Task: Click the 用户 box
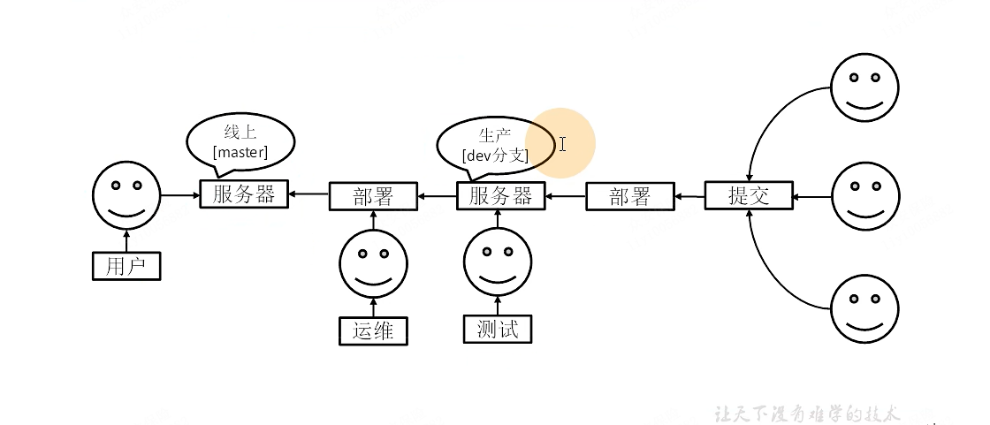click(127, 266)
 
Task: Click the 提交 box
click(749, 195)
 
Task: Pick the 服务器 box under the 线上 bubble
click(244, 194)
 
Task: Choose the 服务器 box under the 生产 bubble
click(500, 196)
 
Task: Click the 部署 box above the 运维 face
click(372, 196)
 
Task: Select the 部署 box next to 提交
click(629, 196)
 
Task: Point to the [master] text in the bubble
click(240, 153)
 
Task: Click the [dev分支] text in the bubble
click(495, 156)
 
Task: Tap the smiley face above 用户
click(127, 194)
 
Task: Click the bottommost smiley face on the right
click(864, 308)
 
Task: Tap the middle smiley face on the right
click(864, 195)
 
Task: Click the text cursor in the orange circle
click(562, 143)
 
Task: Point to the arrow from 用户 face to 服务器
click(180, 194)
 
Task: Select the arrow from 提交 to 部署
click(689, 195)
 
